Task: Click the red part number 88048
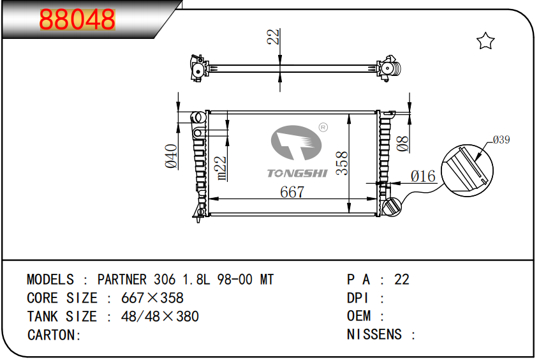pyautogui.click(x=77, y=19)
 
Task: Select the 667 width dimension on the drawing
pyautogui.click(x=292, y=192)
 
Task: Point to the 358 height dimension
pyautogui.click(x=342, y=163)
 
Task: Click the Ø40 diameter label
pyautogui.click(x=171, y=156)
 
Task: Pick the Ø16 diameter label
pyautogui.click(x=423, y=176)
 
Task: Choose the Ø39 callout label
pyautogui.click(x=501, y=140)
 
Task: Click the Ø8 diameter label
pyautogui.click(x=403, y=144)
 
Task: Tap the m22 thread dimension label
pyautogui.click(x=220, y=168)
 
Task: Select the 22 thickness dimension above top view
pyautogui.click(x=273, y=36)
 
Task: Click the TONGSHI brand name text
pyautogui.click(x=297, y=173)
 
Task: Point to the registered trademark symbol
pyautogui.click(x=323, y=127)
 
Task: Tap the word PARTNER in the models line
pyautogui.click(x=122, y=280)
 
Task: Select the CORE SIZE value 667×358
pyautogui.click(x=152, y=297)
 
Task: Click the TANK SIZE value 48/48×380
pyautogui.click(x=160, y=317)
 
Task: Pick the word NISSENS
pyautogui.click(x=374, y=334)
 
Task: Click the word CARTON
pyautogui.click(x=52, y=335)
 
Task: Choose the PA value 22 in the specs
pyautogui.click(x=402, y=280)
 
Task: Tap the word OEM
pyautogui.click(x=359, y=316)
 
